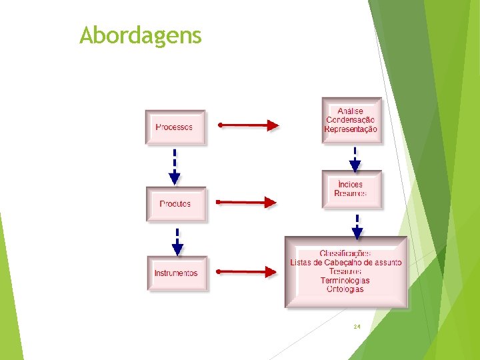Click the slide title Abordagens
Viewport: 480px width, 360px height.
pyautogui.click(x=140, y=35)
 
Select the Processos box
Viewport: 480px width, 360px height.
pyautogui.click(x=175, y=127)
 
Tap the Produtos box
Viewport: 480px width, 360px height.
pyautogui.click(x=176, y=204)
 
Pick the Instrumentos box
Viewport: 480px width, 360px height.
pyautogui.click(x=177, y=273)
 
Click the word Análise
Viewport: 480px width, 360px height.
pyautogui.click(x=351, y=111)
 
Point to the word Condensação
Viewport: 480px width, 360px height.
pyautogui.click(x=351, y=120)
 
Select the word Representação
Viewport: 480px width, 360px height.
pyautogui.click(x=351, y=129)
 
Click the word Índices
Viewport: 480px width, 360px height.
pyautogui.click(x=351, y=185)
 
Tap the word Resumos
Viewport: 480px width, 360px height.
pyautogui.click(x=351, y=194)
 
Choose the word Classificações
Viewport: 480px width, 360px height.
pyautogui.click(x=345, y=253)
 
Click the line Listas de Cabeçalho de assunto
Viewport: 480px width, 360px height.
pyautogui.click(x=346, y=263)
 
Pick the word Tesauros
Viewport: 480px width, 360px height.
pyautogui.click(x=345, y=271)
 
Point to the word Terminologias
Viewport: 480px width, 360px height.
pyautogui.click(x=345, y=281)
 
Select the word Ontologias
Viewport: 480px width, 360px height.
pyautogui.click(x=345, y=289)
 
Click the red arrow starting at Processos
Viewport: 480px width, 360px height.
pyautogui.click(x=247, y=125)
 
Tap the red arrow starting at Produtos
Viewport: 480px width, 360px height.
pyautogui.click(x=247, y=201)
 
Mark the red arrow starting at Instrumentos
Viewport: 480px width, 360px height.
pyautogui.click(x=247, y=271)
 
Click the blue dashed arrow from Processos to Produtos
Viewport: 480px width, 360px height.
pyautogui.click(x=175, y=167)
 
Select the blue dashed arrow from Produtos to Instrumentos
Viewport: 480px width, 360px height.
pyautogui.click(x=177, y=241)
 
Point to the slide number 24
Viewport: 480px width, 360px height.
pyautogui.click(x=357, y=327)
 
